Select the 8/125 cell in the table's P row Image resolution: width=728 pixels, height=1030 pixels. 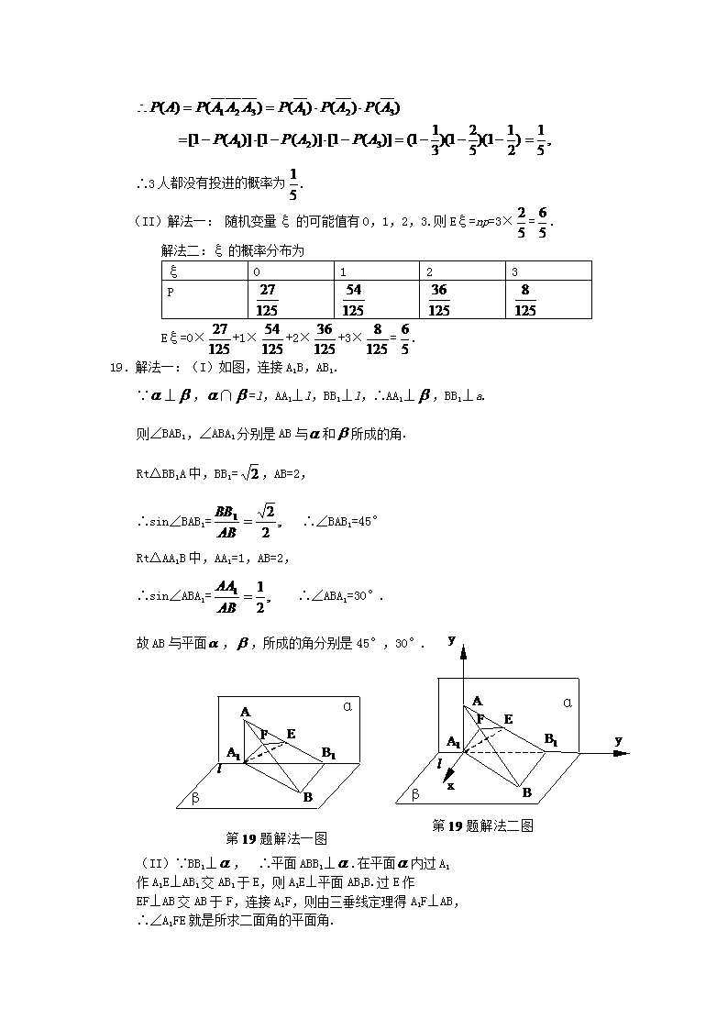point(524,299)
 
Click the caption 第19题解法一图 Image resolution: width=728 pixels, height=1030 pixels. point(277,837)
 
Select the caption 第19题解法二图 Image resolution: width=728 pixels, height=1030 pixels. point(482,825)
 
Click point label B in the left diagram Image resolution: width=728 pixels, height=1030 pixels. point(307,797)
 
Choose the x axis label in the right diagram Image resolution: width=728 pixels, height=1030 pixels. point(450,785)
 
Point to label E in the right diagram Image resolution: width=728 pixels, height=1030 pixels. point(508,719)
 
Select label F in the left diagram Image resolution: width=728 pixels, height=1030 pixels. point(264,734)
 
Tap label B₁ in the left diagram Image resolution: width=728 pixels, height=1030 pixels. point(328,753)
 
